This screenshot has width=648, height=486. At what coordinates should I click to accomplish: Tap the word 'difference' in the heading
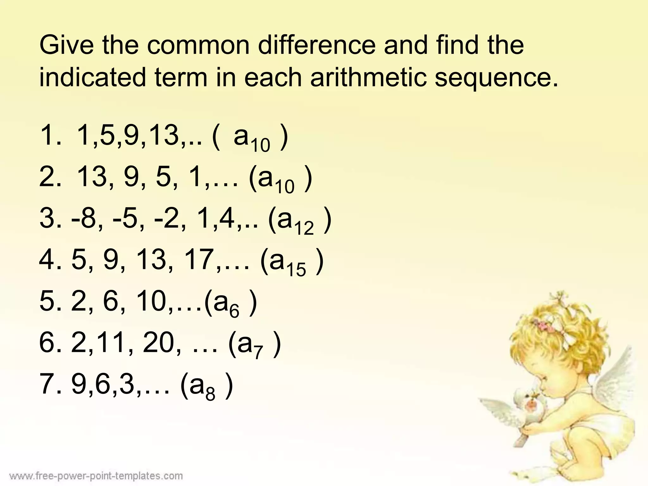(x=317, y=45)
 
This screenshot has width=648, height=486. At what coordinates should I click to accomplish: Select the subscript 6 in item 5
(x=234, y=312)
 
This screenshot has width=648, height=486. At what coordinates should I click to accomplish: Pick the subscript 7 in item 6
(x=258, y=352)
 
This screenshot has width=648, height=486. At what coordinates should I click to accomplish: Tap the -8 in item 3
(x=84, y=219)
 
